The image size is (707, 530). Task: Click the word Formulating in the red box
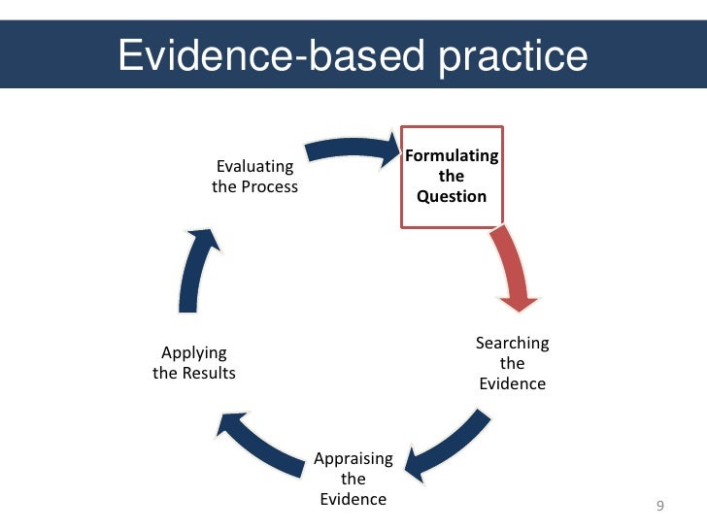(452, 156)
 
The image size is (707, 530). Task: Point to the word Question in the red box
(452, 196)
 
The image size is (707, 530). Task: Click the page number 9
(661, 506)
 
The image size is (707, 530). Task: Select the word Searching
(512, 343)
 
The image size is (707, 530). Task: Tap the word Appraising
(353, 458)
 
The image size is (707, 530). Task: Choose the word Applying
(194, 352)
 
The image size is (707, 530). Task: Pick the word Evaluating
(254, 167)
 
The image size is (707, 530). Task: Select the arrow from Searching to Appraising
(448, 443)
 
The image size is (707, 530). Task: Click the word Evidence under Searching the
(512, 383)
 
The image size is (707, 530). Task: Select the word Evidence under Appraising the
(353, 499)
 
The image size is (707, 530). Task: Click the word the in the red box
(452, 177)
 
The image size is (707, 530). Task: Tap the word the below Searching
(512, 363)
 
